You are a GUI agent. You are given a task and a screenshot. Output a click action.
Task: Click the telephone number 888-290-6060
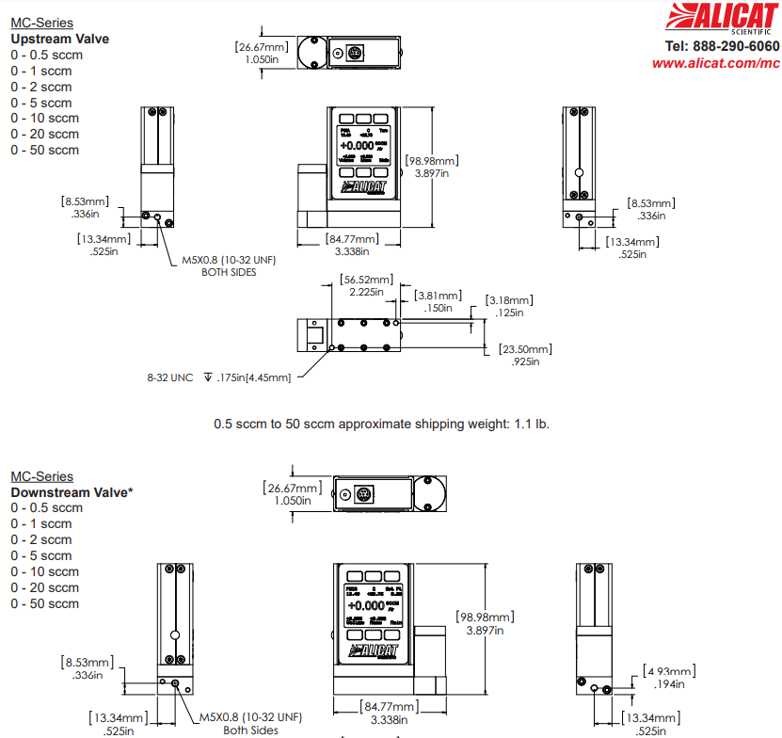coord(722,46)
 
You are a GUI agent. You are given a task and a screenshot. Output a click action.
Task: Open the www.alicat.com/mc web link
coord(715,63)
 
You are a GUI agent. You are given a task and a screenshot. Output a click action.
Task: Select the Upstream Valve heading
coord(59,39)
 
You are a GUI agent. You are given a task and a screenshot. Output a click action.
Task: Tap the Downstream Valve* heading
coord(71,492)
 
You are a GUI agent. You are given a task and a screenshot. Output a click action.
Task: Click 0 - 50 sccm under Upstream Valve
coord(44,150)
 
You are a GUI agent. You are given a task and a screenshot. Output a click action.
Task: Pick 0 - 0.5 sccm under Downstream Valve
coord(46,508)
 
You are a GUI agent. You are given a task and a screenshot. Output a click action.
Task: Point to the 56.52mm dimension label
coord(367,280)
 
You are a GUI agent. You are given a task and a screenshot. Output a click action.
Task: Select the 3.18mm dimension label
coord(509,300)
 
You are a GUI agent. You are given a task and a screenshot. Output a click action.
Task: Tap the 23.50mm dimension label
coord(525,349)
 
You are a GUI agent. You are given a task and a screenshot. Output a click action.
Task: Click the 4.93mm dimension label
coord(670,670)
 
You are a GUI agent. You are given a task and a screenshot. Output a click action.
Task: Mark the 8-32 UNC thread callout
coord(169,377)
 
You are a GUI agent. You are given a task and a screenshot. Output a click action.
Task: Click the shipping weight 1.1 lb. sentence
coord(381,424)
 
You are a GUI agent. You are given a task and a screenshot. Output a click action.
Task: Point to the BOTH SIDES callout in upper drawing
coord(229,272)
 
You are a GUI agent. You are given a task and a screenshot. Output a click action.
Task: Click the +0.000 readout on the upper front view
coord(358,146)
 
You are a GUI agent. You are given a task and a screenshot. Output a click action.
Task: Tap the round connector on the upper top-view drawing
coord(356,53)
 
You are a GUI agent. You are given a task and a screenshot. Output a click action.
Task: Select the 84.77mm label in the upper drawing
coord(352,238)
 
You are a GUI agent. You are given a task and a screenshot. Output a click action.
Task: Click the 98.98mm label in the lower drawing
coord(486,618)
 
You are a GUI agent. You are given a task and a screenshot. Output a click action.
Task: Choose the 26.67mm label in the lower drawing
coord(292,489)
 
